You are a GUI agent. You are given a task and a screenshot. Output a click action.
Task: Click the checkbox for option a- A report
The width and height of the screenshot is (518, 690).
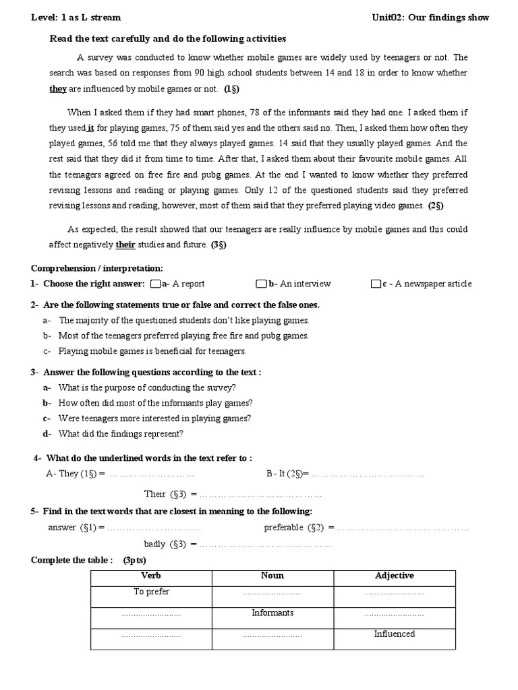[x=156, y=284]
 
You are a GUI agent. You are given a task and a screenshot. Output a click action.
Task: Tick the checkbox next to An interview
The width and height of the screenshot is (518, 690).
[x=261, y=284]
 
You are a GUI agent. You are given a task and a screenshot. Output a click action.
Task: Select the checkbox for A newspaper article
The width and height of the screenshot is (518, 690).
[x=376, y=284]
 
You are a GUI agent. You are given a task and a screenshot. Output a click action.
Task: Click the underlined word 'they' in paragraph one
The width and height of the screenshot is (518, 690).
[x=58, y=88]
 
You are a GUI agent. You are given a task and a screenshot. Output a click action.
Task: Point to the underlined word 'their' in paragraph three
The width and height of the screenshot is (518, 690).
[x=125, y=245]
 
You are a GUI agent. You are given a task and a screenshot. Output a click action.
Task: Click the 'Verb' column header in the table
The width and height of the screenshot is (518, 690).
[x=151, y=576]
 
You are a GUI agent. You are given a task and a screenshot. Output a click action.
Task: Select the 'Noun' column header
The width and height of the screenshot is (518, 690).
[x=272, y=576]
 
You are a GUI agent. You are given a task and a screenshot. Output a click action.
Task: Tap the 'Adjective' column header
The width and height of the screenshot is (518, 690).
[x=395, y=576]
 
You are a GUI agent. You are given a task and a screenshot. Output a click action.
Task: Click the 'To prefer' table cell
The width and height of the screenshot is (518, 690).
[x=151, y=592]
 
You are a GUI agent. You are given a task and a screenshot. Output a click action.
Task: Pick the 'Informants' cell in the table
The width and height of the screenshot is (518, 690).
[x=272, y=613]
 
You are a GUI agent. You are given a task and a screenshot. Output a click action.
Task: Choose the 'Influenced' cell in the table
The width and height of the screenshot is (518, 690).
[x=395, y=634]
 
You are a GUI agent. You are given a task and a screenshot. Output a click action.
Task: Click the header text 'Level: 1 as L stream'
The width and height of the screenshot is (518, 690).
[x=76, y=18]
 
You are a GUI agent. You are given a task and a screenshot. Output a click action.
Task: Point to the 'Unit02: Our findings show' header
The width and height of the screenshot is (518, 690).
[x=430, y=18]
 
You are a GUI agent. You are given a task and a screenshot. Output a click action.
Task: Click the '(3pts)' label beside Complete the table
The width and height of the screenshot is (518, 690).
[x=134, y=561]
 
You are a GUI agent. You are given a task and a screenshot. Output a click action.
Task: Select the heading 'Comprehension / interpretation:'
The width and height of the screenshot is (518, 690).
[x=96, y=268]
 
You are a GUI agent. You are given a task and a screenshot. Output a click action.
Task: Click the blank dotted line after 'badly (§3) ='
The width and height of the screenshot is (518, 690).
[x=266, y=544]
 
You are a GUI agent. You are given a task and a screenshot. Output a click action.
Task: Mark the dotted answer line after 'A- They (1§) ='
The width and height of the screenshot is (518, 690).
[x=152, y=474]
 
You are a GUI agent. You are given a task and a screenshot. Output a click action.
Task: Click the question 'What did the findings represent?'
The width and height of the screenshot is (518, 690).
[x=121, y=434]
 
